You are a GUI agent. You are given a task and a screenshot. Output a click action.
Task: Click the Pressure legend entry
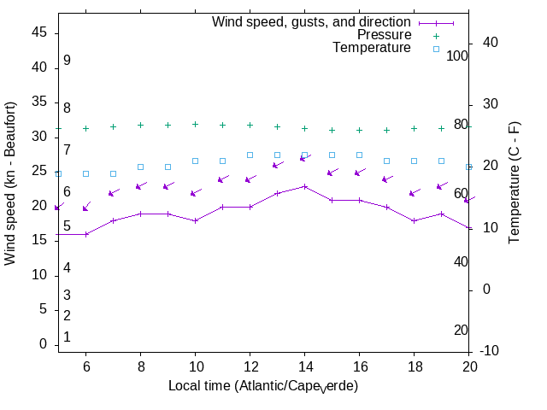[384, 35]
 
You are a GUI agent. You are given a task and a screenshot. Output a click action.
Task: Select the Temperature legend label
[372, 48]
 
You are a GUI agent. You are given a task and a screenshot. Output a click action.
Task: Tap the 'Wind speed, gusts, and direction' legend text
[311, 22]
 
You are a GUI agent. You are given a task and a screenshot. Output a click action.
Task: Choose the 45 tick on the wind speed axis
[38, 32]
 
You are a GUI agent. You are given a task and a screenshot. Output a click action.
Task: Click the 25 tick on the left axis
[38, 171]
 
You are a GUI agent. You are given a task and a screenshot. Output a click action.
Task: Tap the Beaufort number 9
[67, 61]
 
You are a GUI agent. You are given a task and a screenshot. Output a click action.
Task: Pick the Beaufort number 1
[67, 337]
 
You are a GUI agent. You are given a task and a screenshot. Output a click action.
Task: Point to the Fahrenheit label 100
[458, 56]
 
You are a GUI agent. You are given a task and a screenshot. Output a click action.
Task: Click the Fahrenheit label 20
[461, 330]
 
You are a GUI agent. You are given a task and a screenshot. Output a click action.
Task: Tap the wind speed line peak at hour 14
[304, 186]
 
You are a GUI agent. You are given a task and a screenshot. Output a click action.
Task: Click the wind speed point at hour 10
[195, 220]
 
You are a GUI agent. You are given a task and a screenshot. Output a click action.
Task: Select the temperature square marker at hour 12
[250, 155]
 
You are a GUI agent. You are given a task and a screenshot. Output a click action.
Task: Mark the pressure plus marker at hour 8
[140, 125]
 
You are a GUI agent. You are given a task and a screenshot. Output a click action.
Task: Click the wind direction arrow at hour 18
[415, 192]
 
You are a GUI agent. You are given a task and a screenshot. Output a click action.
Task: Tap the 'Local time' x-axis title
[262, 386]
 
